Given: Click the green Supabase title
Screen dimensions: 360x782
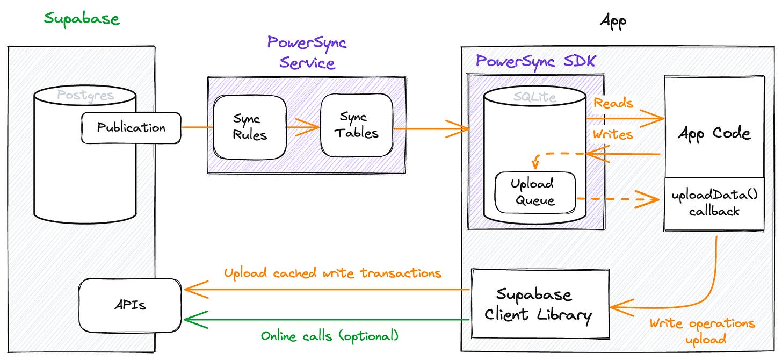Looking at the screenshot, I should [x=82, y=19].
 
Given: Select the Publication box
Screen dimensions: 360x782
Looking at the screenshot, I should [x=131, y=128].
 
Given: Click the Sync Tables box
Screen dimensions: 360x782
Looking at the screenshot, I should [x=357, y=125].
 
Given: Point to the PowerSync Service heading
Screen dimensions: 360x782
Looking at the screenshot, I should [x=307, y=53].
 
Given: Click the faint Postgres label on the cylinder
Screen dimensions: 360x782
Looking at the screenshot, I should [x=85, y=96].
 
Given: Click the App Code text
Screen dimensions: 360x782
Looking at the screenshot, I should [x=714, y=133].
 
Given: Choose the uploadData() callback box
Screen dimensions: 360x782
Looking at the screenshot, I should [x=714, y=203].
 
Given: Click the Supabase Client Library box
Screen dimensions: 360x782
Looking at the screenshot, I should [x=539, y=304].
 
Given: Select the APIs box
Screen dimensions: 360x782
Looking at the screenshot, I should [x=129, y=305].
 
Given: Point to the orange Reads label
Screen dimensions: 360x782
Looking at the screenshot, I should [x=613, y=103].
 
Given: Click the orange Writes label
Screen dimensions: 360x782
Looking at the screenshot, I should [x=613, y=134].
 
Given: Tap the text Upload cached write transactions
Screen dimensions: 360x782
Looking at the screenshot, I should [x=332, y=273].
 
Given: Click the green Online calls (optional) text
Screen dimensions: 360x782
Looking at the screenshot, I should [x=330, y=336].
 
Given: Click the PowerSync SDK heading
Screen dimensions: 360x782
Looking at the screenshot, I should [x=535, y=61].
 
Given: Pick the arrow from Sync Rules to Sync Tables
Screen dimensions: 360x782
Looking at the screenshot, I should [x=302, y=128].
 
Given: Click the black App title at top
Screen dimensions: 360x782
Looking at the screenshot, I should [x=613, y=21].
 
